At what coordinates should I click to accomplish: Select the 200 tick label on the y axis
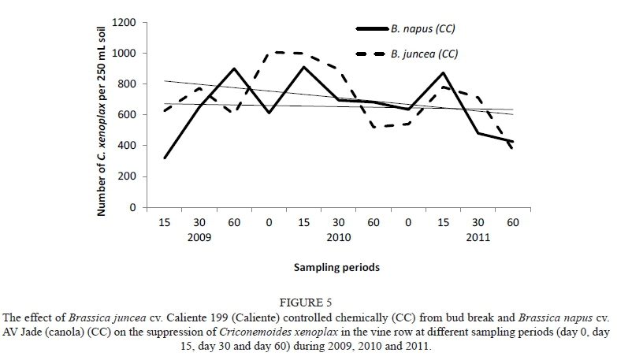[128, 176]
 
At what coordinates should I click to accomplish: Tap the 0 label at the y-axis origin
[133, 207]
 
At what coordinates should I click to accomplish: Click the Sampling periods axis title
[336, 267]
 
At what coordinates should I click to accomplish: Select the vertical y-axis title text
[103, 117]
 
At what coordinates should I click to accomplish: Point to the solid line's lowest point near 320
[164, 158]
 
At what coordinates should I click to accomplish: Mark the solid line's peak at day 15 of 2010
[304, 67]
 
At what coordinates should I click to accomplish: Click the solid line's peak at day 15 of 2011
[444, 73]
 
